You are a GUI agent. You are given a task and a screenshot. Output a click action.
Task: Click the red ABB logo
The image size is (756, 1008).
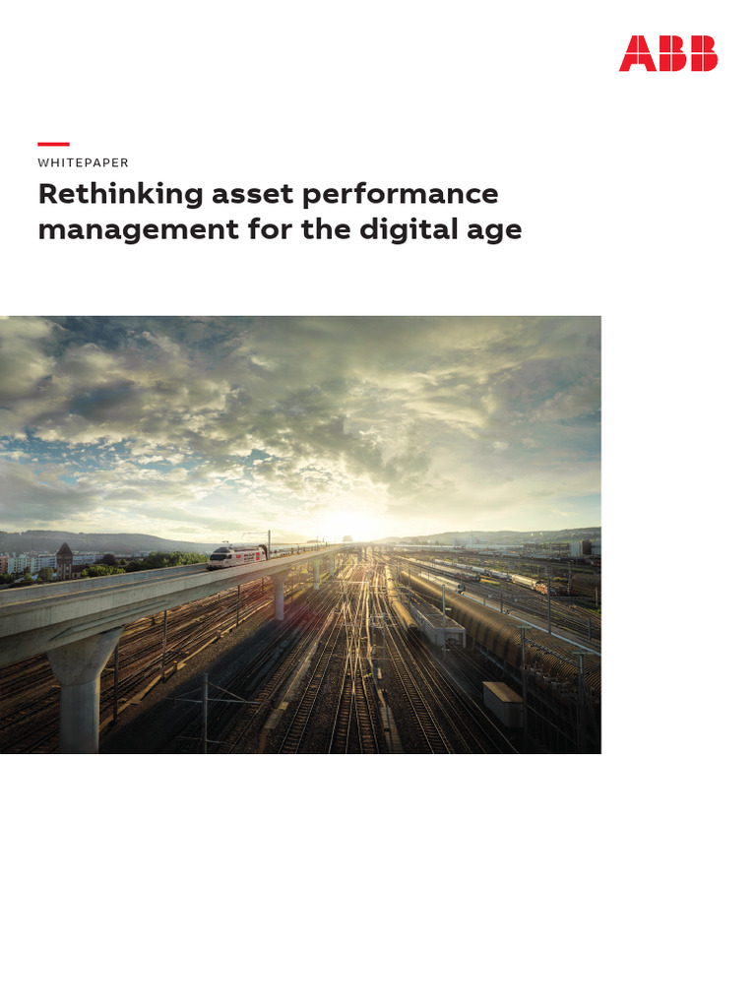(667, 53)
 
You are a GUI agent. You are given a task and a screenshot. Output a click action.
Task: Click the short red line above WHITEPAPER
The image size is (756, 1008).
(53, 144)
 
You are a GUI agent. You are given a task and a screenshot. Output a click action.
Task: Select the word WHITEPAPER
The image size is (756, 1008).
(83, 162)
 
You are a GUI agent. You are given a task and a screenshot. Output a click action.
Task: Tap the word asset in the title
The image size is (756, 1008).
(252, 194)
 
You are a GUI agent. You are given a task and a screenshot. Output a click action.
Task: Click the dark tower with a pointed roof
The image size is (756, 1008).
(65, 560)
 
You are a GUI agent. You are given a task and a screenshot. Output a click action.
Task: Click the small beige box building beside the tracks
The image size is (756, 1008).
(502, 702)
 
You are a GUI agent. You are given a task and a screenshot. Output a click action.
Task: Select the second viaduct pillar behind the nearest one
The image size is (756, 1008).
(281, 597)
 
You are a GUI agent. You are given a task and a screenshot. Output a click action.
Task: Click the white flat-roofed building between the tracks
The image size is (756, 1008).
(435, 622)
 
